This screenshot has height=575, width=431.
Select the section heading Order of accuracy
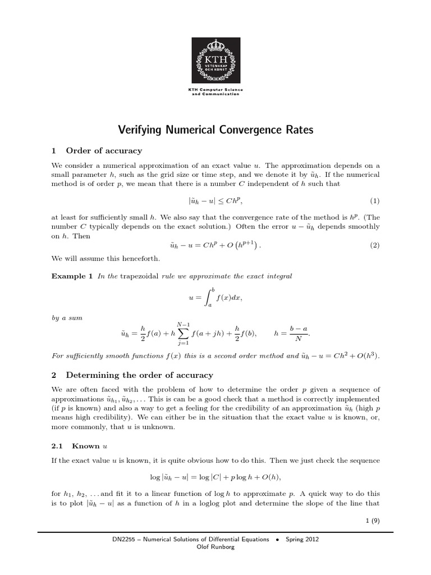pyautogui.click(x=104, y=150)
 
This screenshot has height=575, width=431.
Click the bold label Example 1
pyautogui.click(x=72, y=276)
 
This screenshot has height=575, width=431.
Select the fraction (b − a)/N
pyautogui.click(x=299, y=332)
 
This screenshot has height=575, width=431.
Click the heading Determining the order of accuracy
pyautogui.click(x=139, y=375)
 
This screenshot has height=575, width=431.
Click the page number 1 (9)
pyautogui.click(x=372, y=521)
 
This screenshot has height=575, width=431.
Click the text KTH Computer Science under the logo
pyautogui.click(x=215, y=90)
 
